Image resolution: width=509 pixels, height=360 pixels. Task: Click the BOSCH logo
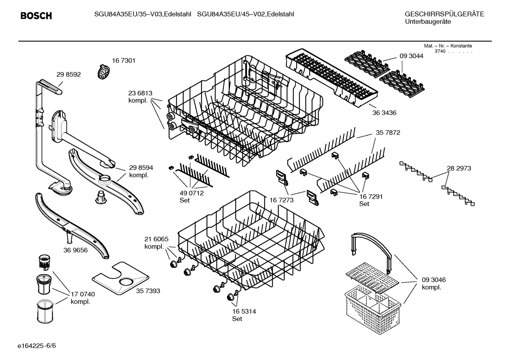click(36, 16)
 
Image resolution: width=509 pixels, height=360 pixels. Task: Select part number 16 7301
click(124, 61)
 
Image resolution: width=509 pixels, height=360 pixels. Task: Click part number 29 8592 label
click(68, 75)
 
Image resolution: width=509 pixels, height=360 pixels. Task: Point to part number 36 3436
click(384, 113)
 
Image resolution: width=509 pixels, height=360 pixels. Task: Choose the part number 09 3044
click(411, 56)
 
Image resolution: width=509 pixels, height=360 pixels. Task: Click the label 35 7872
click(388, 133)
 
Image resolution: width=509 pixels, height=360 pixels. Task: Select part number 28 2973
click(459, 169)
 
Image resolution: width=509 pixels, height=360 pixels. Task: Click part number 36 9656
click(76, 250)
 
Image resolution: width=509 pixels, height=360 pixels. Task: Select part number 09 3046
click(433, 280)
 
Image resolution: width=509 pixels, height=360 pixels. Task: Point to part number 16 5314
click(244, 312)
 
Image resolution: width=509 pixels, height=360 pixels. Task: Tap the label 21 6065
click(156, 239)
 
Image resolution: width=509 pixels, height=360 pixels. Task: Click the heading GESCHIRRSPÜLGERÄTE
click(444, 14)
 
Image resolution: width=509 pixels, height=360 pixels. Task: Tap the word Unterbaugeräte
click(428, 22)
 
